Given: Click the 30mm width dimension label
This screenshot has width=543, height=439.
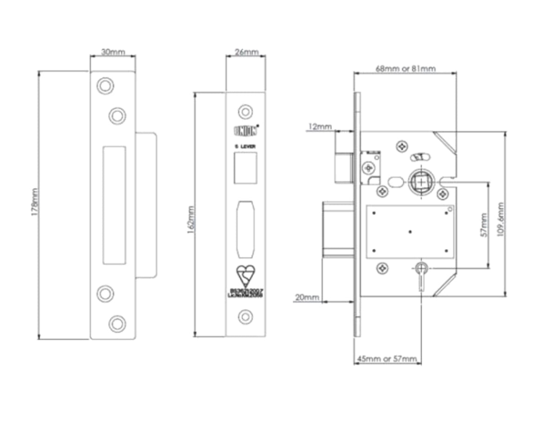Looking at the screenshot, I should point(113,52).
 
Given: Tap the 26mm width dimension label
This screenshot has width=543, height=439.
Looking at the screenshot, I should point(246,51).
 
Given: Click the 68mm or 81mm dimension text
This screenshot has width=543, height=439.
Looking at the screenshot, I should point(405,69).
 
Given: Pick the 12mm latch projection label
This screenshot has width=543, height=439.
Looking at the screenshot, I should point(320,127).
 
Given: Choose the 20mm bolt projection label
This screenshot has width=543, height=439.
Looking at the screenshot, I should point(307,297).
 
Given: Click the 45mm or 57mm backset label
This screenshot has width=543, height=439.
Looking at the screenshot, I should point(388,359).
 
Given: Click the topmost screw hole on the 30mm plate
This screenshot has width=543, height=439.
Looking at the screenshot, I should point(105,86).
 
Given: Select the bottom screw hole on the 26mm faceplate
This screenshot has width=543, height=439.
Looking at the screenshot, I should point(245,317).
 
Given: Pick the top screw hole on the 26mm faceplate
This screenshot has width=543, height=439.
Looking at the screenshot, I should point(245,112).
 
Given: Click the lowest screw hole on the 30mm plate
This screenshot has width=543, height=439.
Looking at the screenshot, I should point(117,323).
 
